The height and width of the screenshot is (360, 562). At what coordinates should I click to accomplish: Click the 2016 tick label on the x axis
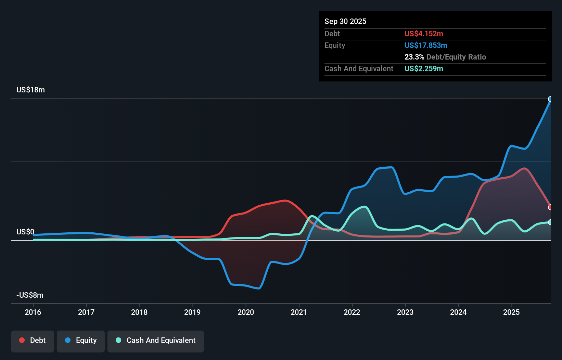(x=33, y=312)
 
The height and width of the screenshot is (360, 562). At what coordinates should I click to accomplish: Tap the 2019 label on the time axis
(x=192, y=312)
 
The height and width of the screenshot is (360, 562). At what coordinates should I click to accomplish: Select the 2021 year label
(x=299, y=312)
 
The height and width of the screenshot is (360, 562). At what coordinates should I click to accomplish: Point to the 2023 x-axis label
(x=405, y=312)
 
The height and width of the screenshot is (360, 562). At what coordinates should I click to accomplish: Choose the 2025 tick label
(x=511, y=312)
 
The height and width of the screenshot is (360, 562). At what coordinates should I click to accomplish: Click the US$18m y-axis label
(x=30, y=90)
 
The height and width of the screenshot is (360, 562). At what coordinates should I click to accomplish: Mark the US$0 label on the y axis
(x=25, y=232)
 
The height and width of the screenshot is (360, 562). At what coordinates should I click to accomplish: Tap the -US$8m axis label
(x=30, y=295)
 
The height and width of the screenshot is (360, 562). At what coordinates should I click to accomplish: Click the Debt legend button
(x=33, y=340)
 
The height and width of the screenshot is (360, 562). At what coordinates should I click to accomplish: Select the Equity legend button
(x=81, y=340)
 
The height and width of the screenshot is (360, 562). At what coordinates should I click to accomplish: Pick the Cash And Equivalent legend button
(x=156, y=340)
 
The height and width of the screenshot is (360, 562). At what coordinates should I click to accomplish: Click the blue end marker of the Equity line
(x=550, y=99)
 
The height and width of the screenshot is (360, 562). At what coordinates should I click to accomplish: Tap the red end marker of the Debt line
(x=550, y=207)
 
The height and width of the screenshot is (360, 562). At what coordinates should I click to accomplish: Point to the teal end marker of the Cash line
(x=550, y=222)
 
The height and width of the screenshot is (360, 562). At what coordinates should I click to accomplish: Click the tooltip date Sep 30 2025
(x=345, y=21)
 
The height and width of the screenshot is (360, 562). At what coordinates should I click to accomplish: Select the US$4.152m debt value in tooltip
(x=424, y=34)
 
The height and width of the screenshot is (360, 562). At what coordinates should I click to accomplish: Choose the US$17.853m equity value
(x=426, y=45)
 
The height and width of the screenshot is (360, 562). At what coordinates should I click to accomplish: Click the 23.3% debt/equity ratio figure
(x=414, y=57)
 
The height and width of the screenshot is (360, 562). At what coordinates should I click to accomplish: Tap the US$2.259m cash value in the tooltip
(x=424, y=68)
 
